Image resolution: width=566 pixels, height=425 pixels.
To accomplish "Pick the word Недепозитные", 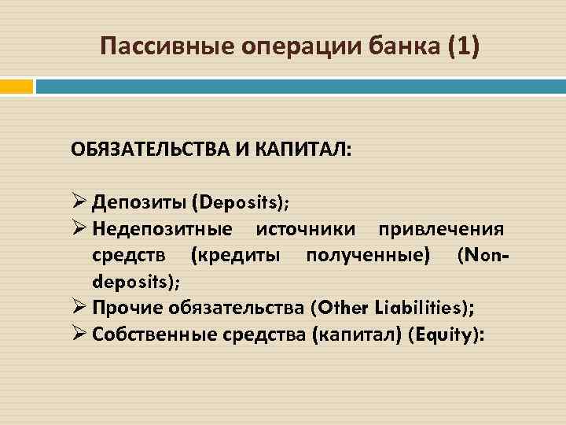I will tap(162, 229).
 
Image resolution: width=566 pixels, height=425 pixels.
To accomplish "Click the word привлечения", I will tap(441, 229).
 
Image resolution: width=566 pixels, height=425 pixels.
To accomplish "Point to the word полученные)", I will tap(369, 256).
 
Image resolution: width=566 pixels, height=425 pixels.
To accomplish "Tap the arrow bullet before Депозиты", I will tap(78, 202).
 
